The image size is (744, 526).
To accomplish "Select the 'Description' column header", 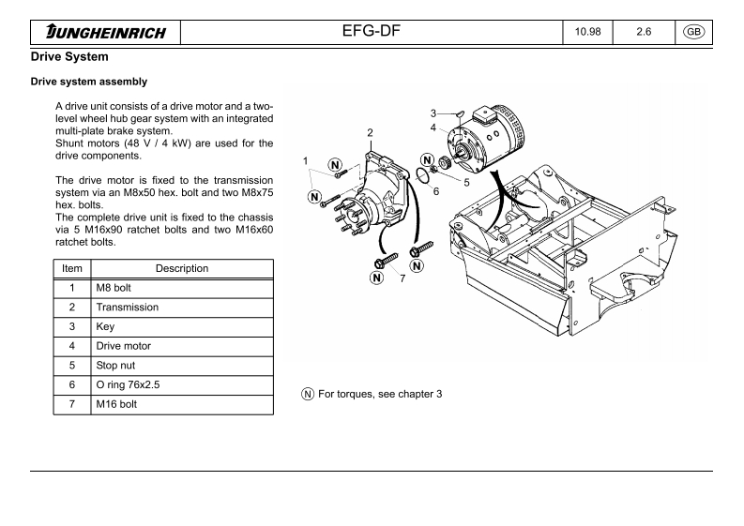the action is click(182, 268).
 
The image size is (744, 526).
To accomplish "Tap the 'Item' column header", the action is click(72, 268).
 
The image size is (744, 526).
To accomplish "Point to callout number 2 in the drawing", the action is click(371, 133).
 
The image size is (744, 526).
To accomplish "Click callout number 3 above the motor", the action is click(433, 113).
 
